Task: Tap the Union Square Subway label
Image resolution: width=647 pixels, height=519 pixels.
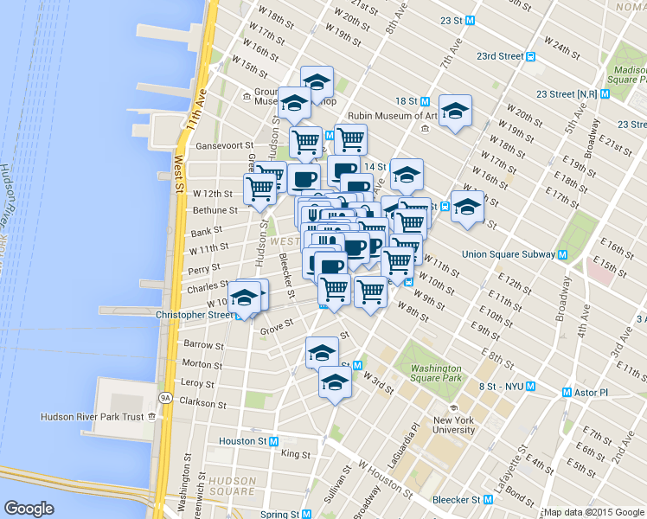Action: point(509,254)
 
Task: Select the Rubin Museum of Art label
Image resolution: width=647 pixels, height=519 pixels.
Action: point(392,116)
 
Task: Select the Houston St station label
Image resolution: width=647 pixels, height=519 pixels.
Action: point(242,441)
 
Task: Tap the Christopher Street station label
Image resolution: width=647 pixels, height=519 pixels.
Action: point(195,315)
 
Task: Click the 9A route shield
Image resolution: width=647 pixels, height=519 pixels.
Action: point(164,398)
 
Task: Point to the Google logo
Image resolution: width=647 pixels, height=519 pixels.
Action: point(29,509)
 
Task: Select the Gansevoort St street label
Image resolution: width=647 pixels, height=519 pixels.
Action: point(224,146)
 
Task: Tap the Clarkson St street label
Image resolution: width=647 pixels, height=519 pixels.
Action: point(202,403)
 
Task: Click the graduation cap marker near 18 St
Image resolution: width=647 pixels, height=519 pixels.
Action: point(455,112)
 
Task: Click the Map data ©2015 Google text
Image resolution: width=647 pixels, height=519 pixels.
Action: point(593,512)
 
